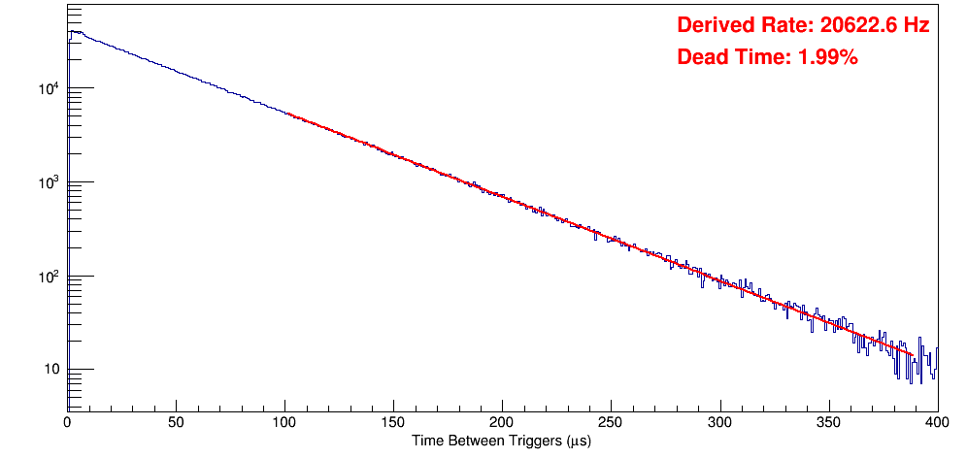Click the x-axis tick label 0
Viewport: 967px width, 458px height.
click(67, 423)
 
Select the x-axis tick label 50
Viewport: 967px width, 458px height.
click(176, 423)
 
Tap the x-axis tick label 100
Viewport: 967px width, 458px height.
click(284, 423)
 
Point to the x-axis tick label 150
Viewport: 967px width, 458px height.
click(393, 423)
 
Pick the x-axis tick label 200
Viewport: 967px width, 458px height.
click(502, 423)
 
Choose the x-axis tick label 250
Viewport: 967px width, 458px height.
click(611, 423)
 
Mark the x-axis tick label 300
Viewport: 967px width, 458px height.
click(719, 423)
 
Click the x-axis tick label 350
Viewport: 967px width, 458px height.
click(828, 423)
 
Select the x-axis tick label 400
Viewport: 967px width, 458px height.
click(936, 423)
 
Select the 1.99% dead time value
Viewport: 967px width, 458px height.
click(827, 57)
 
